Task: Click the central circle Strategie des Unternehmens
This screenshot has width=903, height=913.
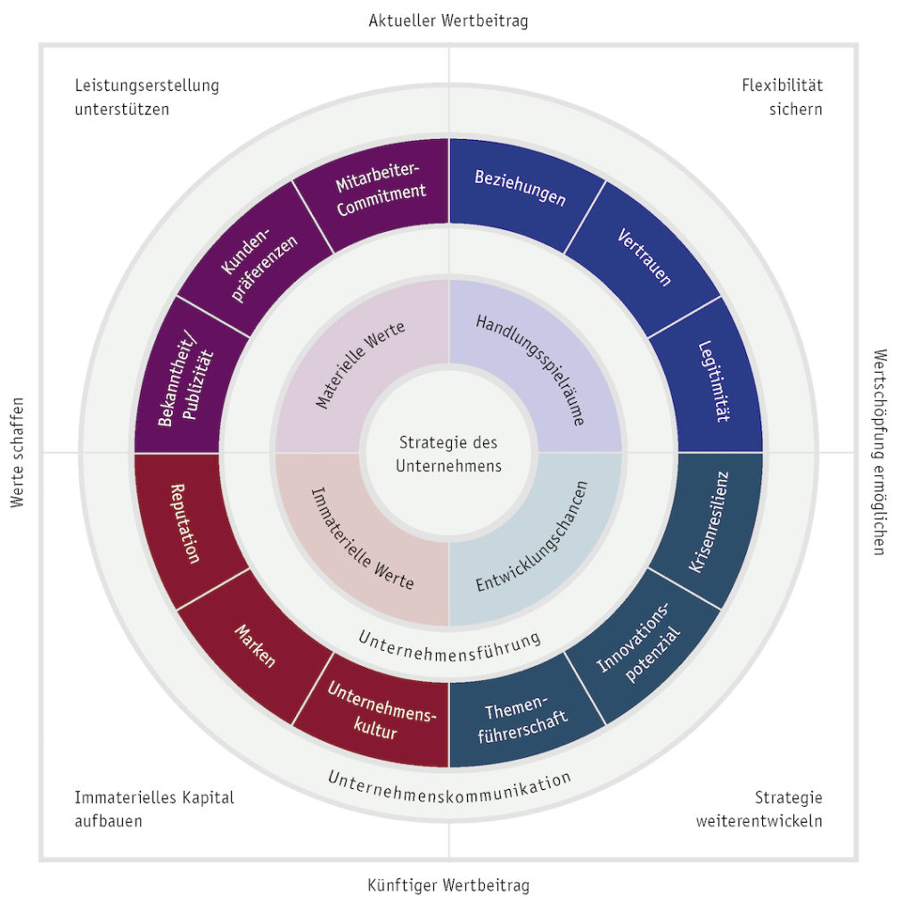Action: click(x=448, y=454)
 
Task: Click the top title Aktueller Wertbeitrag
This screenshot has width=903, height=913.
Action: click(x=448, y=20)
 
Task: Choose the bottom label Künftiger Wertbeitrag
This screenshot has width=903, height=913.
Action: click(x=448, y=885)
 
